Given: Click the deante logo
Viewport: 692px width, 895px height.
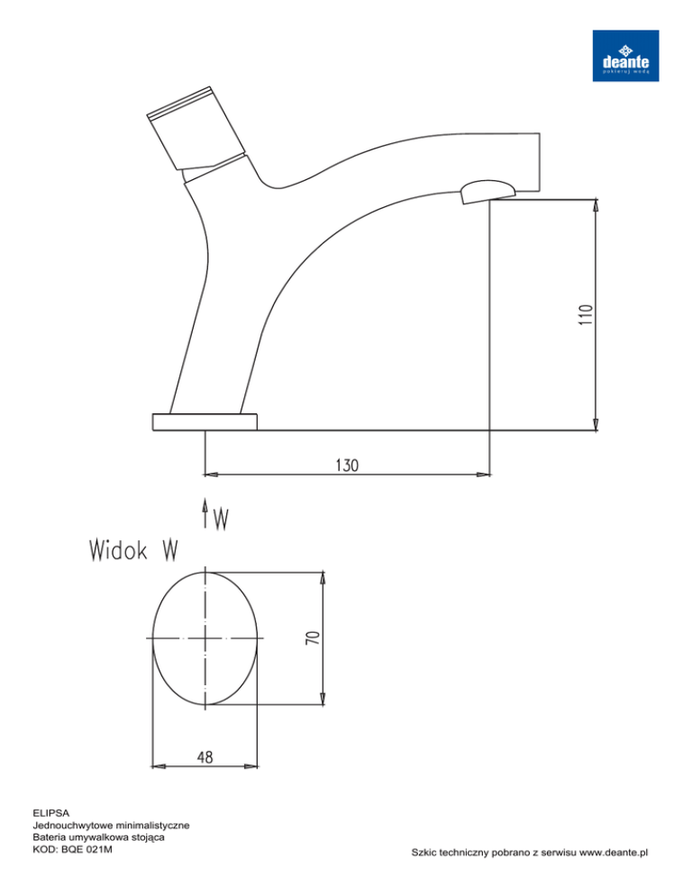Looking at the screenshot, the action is pos(625,56).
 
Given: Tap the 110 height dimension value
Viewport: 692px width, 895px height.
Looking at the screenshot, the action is pos(587,315).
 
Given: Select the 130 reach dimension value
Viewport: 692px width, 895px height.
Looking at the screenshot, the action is pos(347,466).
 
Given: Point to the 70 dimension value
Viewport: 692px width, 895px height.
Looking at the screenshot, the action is pos(314,637).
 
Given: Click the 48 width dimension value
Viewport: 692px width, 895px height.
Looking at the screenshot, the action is pos(205,757).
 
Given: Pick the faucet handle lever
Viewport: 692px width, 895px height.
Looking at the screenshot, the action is pos(196,128).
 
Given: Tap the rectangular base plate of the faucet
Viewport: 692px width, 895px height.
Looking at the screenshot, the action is pos(205,421).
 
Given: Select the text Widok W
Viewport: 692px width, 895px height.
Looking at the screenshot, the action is pos(133,550).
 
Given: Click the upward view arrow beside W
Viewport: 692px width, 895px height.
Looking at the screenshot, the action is pos(205,512).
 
